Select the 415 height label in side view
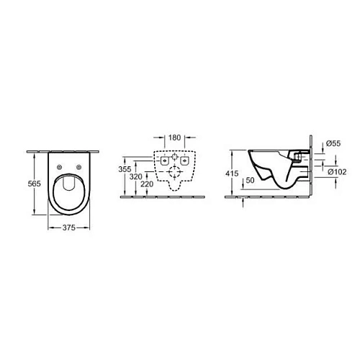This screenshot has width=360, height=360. [232, 174]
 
